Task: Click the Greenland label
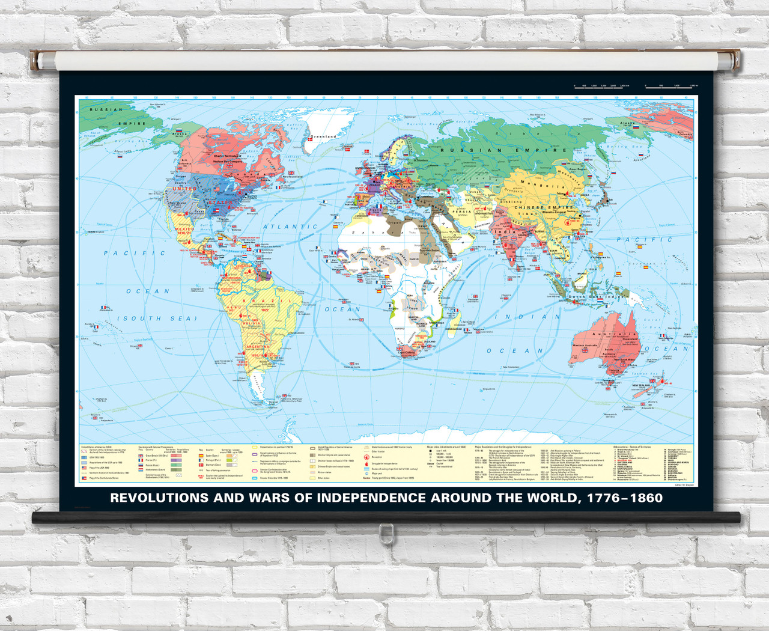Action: [x=323, y=136]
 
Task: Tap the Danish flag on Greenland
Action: [x=311, y=140]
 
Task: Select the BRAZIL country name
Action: [x=267, y=300]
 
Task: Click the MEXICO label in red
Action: [x=184, y=229]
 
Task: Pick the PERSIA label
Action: [x=461, y=212]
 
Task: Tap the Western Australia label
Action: [x=588, y=346]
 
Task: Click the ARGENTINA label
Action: [x=258, y=347]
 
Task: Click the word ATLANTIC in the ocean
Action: [x=291, y=227]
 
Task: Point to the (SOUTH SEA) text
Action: [x=157, y=319]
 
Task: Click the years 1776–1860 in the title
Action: [x=625, y=498]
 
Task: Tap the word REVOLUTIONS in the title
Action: [x=159, y=498]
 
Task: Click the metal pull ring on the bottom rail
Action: [x=386, y=531]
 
